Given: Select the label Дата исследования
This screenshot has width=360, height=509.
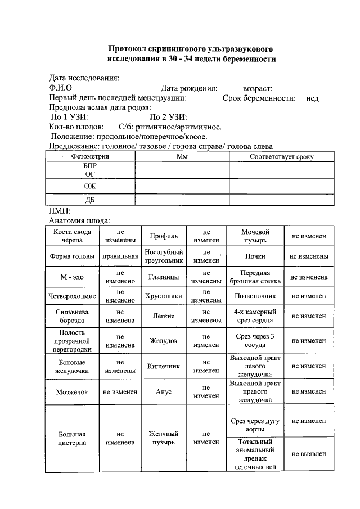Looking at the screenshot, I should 84,78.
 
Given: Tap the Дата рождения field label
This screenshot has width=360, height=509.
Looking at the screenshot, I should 189,88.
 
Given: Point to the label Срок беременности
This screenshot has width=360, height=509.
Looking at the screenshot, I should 259,98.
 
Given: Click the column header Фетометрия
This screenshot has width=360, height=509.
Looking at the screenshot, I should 89,157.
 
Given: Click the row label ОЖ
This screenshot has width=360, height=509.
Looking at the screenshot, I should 89,186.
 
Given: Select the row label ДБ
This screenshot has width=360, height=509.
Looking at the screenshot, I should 89,200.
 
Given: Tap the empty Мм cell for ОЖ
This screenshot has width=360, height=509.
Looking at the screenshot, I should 182,186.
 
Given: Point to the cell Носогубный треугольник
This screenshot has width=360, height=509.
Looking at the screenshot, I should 164,256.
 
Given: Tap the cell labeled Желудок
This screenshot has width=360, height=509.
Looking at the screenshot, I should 164,340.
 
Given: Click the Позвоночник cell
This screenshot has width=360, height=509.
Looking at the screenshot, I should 255,295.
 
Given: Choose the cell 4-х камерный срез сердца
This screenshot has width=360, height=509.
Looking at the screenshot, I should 255,316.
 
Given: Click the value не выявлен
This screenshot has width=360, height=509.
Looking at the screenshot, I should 309,454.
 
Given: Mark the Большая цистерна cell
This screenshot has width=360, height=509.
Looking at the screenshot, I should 71,439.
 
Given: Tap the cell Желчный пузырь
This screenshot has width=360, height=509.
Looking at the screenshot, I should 164,439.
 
